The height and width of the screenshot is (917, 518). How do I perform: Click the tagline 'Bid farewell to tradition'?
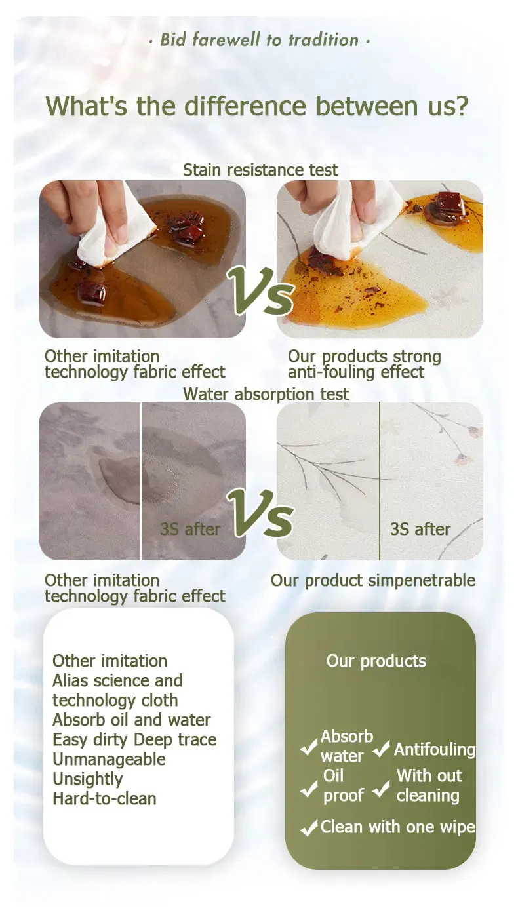tap(259, 40)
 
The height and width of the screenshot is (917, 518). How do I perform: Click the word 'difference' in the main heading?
tap(245, 106)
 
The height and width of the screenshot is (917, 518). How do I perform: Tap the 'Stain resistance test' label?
tap(260, 170)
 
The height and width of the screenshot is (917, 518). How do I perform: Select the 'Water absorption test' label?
tap(266, 394)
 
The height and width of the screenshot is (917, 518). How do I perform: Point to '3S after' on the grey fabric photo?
tap(190, 530)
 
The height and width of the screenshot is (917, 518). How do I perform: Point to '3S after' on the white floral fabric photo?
tap(420, 530)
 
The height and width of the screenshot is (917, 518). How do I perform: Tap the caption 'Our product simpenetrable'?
tap(373, 581)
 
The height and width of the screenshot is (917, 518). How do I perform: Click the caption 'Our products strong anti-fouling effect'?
tap(365, 364)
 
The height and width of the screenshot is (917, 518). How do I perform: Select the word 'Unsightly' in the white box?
tap(88, 779)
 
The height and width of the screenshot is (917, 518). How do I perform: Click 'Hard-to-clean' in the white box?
tap(104, 799)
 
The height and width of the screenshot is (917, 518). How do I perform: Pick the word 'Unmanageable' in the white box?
tap(109, 760)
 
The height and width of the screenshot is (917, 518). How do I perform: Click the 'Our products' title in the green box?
tap(376, 661)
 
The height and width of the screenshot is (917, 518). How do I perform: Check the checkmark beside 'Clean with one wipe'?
tap(309, 828)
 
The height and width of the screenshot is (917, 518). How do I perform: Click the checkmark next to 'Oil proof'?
tap(309, 789)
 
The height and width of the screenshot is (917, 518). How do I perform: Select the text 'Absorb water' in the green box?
tap(347, 747)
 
